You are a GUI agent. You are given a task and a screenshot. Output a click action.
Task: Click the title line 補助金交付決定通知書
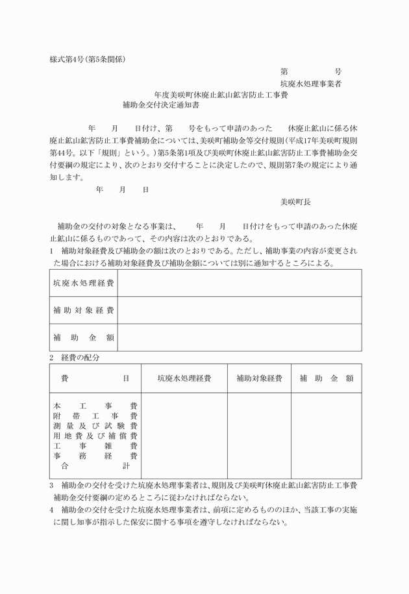click(x=160, y=104)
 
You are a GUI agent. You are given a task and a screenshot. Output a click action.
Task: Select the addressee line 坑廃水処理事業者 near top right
click(x=311, y=83)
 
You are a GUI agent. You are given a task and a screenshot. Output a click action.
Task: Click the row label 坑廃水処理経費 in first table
click(x=83, y=283)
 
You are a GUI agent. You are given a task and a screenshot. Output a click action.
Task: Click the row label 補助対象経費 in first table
click(x=83, y=311)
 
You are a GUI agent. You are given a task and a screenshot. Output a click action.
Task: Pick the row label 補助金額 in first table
click(x=83, y=338)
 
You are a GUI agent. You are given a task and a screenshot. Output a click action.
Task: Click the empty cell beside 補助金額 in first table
click(x=239, y=338)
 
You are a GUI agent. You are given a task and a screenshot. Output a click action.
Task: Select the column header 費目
click(x=95, y=378)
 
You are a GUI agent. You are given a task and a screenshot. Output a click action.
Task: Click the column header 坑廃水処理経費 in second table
click(x=184, y=378)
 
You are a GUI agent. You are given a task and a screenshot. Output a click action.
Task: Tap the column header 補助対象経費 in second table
click(x=258, y=378)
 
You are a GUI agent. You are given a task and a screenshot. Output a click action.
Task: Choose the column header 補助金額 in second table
click(x=326, y=378)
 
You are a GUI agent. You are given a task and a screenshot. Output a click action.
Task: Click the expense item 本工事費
click(x=95, y=405)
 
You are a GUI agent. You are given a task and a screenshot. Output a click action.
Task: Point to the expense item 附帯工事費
click(x=95, y=415)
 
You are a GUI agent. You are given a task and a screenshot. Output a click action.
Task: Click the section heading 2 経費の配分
click(x=74, y=357)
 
